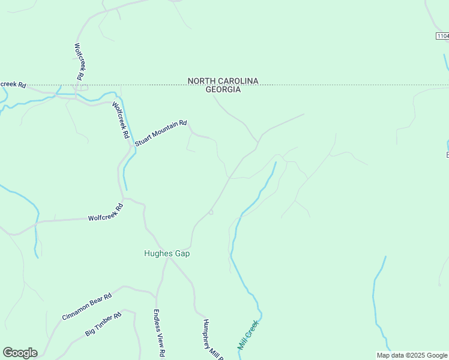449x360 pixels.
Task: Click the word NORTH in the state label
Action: click(201, 81)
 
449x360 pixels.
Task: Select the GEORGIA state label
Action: click(223, 90)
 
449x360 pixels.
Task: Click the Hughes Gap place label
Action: click(167, 253)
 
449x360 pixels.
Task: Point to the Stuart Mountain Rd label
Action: click(161, 131)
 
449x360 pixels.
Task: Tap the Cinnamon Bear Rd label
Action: click(87, 307)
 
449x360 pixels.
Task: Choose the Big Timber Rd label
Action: click(103, 323)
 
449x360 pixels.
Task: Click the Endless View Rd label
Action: click(158, 334)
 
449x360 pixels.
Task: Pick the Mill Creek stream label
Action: click(248, 335)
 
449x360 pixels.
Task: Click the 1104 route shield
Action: click(442, 37)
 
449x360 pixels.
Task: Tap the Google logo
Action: click(20, 353)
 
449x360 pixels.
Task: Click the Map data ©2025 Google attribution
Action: click(412, 355)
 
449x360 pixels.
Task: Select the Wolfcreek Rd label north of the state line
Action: click(79, 61)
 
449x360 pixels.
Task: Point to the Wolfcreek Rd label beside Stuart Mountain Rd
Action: click(121, 120)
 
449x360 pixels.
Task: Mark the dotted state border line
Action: click(330, 85)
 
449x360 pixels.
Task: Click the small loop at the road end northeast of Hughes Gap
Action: click(211, 212)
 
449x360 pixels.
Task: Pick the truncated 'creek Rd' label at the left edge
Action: click(13, 84)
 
